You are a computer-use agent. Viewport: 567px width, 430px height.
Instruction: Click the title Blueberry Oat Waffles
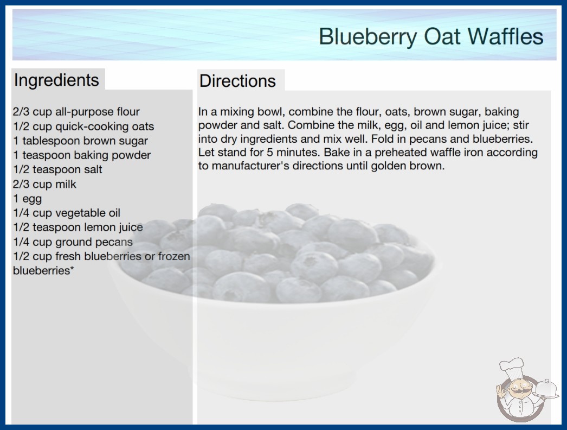(x=431, y=36)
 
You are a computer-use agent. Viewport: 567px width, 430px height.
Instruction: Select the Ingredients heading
(x=56, y=80)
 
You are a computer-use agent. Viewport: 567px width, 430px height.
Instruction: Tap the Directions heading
(x=237, y=81)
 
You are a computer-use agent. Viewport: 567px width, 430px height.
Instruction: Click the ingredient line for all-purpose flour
(x=76, y=112)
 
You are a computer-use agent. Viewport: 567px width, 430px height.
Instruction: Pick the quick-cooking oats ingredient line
(x=83, y=126)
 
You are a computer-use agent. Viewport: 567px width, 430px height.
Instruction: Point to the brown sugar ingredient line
(x=81, y=141)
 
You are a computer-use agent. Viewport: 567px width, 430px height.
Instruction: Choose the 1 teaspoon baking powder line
(x=82, y=155)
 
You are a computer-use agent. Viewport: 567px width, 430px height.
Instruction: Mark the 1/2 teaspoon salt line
(x=58, y=169)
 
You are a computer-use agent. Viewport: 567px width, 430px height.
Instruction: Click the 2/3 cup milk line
(x=44, y=184)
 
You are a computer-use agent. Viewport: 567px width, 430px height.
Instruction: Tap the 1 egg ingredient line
(x=28, y=199)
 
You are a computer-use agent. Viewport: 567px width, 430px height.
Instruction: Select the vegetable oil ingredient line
(x=67, y=213)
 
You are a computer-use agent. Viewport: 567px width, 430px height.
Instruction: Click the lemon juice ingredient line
(x=78, y=227)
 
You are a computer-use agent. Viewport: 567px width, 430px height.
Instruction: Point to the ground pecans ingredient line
(x=73, y=242)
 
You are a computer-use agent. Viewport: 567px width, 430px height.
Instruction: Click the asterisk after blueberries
(x=72, y=268)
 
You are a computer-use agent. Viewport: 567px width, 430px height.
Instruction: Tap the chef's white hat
(x=512, y=366)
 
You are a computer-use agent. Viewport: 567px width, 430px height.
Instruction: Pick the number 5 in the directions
(x=269, y=152)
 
